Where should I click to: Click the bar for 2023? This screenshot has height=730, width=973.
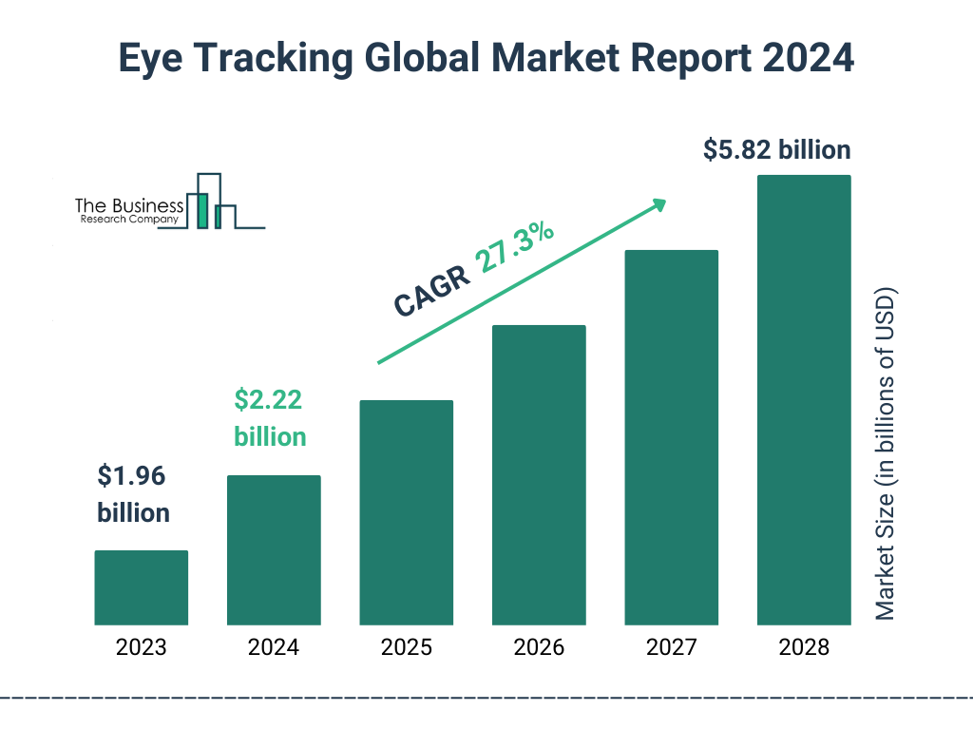(x=141, y=587)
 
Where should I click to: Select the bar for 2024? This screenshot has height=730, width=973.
(x=274, y=549)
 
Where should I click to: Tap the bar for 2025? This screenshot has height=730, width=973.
(x=406, y=512)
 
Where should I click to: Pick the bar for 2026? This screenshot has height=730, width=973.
(x=539, y=475)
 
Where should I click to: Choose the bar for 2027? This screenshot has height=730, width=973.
(x=671, y=437)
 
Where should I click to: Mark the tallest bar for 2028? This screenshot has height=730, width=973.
(x=804, y=400)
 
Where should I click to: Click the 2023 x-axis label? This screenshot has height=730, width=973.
(x=141, y=648)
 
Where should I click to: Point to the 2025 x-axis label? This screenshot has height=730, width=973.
(x=406, y=648)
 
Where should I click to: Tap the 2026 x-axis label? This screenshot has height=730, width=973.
(x=539, y=648)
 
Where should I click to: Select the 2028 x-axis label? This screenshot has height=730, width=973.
(x=804, y=648)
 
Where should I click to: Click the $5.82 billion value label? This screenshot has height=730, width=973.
(x=776, y=150)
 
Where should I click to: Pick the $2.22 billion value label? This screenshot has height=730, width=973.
(x=271, y=418)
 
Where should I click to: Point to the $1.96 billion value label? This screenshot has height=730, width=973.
(x=134, y=494)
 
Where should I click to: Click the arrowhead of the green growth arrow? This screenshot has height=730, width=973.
(x=658, y=205)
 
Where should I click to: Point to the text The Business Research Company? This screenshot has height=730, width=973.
(x=128, y=212)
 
